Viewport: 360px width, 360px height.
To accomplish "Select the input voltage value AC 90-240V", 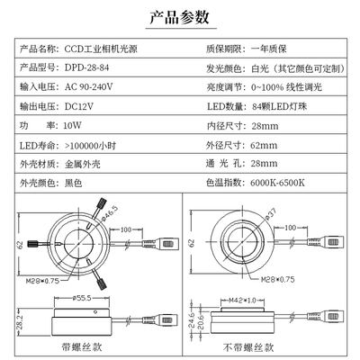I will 91,87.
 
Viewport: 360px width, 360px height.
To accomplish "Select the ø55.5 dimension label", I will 85,295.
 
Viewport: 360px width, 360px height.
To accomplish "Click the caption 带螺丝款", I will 85,345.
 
